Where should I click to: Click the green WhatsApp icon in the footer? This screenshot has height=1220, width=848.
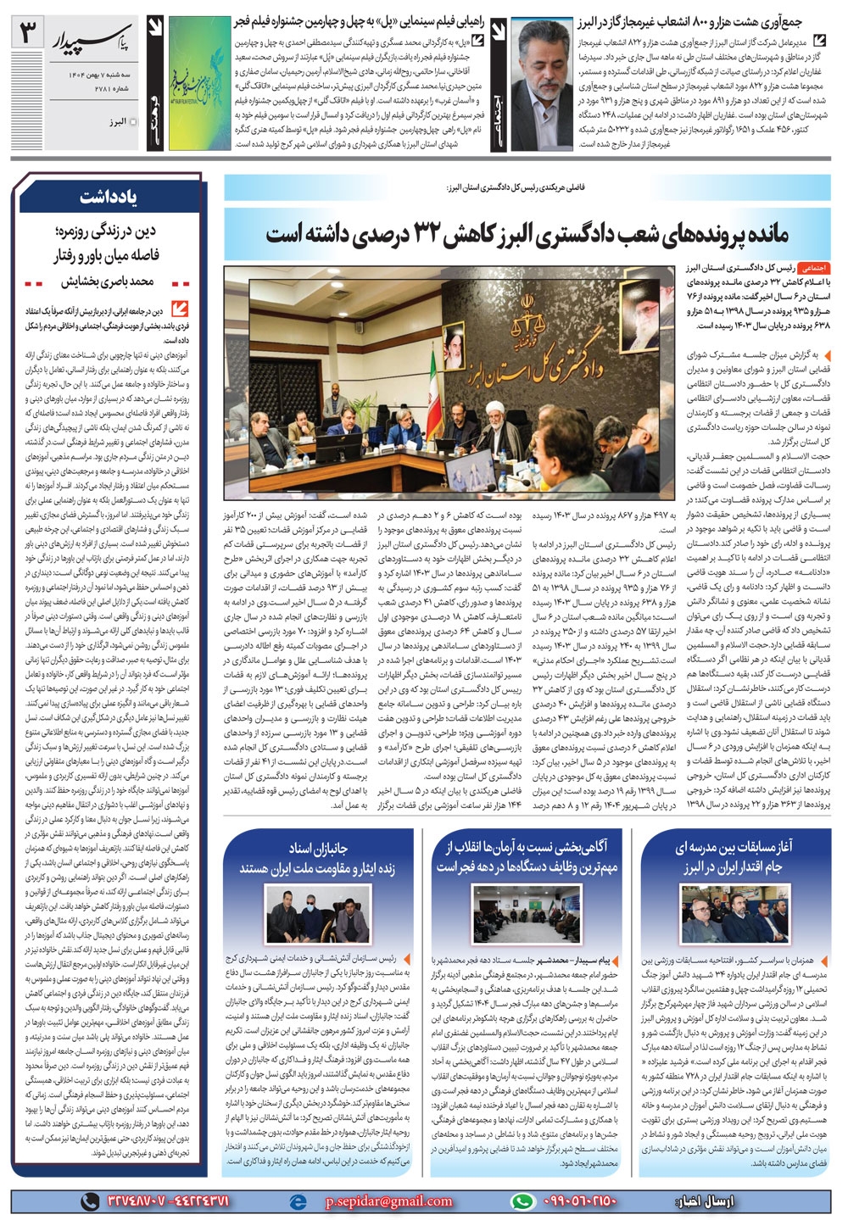[x=523, y=1201]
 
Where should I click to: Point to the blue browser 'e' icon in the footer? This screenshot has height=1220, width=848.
[x=298, y=1201]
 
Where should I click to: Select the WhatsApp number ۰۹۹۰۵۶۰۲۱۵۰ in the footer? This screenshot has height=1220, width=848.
[x=577, y=1201]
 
